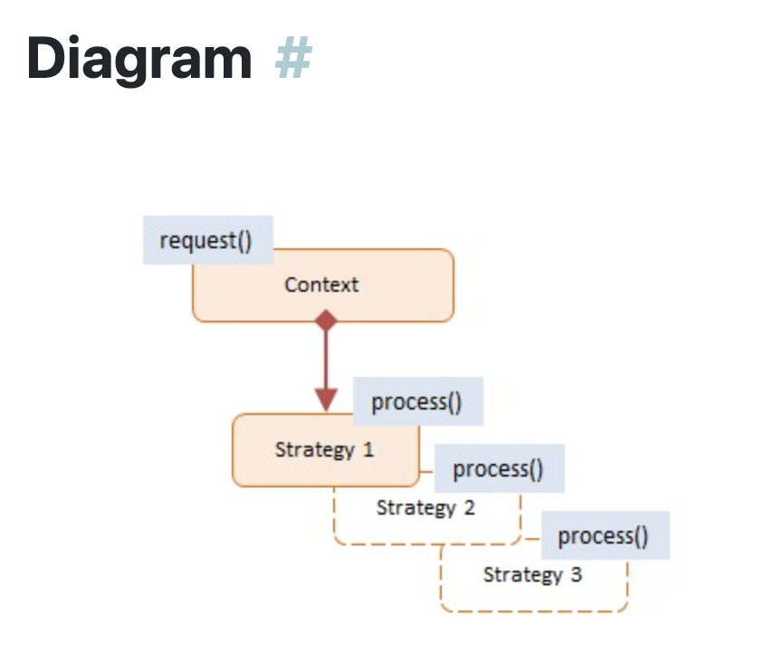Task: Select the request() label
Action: (x=206, y=241)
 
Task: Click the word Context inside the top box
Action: (x=321, y=284)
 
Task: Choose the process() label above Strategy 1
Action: (x=417, y=401)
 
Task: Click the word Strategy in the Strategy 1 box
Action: (x=314, y=449)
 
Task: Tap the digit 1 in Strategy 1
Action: (x=368, y=449)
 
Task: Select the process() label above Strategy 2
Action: (x=498, y=468)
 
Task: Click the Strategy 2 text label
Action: (x=425, y=507)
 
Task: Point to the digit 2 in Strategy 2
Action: (x=469, y=507)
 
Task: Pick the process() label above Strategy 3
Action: (x=604, y=535)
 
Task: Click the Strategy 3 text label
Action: (x=531, y=574)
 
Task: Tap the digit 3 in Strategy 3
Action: (x=577, y=574)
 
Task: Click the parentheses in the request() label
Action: (x=244, y=241)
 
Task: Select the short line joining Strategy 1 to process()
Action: (x=426, y=472)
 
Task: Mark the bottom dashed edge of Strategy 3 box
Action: (x=534, y=611)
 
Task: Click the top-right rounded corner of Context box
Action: (x=446, y=256)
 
